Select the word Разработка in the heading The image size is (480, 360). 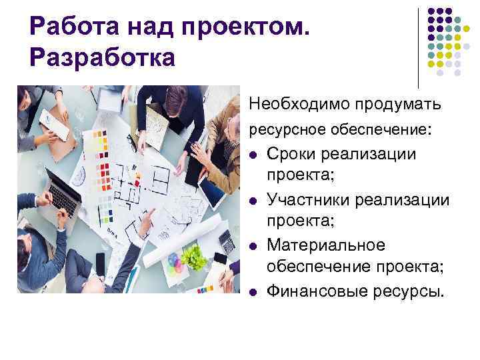click(x=102, y=57)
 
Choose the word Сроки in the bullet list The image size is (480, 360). click(x=291, y=155)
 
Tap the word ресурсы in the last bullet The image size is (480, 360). click(x=407, y=291)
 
